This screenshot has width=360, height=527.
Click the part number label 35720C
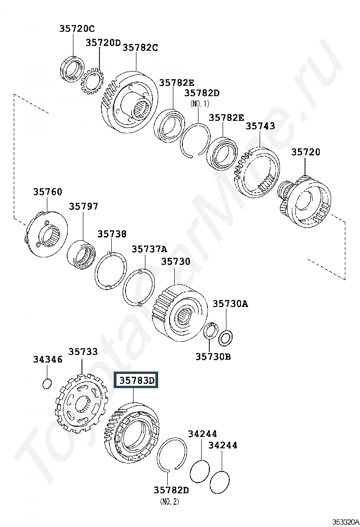77,28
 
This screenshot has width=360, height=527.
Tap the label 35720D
103,43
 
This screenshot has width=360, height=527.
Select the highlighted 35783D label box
135,380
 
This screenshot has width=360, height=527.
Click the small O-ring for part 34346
47,383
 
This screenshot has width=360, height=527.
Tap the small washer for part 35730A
225,338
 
